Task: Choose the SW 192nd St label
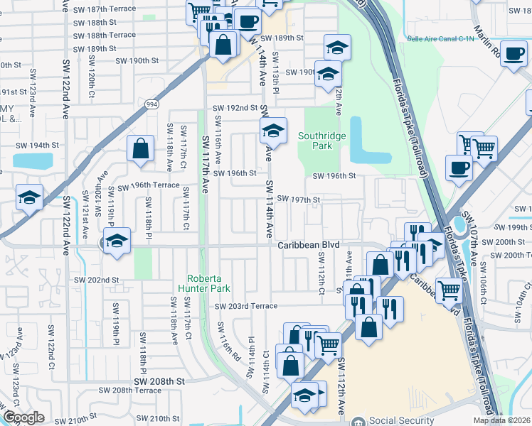(235, 108)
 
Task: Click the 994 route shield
(151, 104)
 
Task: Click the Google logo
(23, 417)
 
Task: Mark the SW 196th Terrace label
(149, 185)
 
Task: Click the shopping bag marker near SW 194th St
(141, 148)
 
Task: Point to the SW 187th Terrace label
(100, 10)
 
